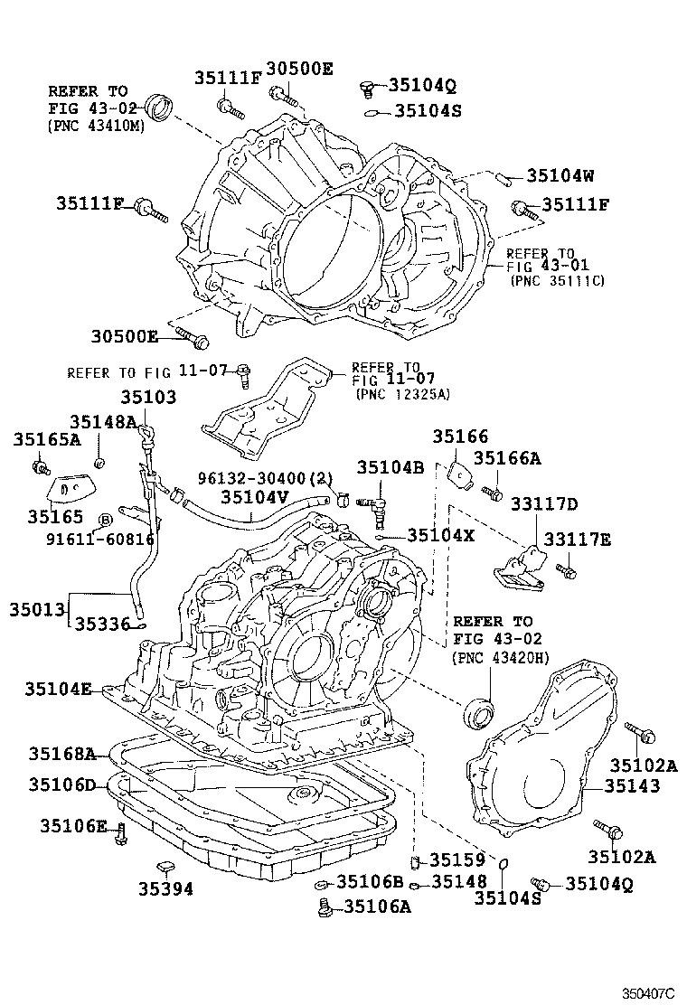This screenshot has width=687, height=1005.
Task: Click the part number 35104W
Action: coord(560,176)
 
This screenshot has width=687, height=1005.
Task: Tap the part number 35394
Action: coord(165,888)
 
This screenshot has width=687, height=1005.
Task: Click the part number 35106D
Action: coord(61,784)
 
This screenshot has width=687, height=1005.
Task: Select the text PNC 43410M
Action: coord(96,126)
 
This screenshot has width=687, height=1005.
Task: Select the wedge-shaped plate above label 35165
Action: coord(70,488)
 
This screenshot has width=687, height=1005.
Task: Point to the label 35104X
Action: coord(441,535)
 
